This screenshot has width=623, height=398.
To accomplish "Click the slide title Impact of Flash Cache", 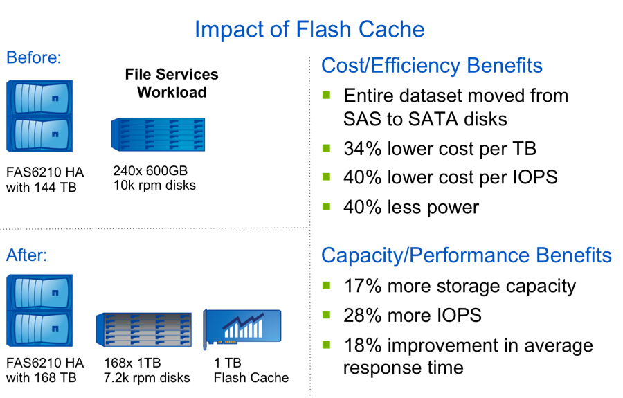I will tap(309, 30).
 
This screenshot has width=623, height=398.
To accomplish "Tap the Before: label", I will tap(34, 57).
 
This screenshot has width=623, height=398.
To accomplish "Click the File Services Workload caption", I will tap(172, 83).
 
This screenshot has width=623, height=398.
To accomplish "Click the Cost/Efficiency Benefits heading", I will tap(431, 66).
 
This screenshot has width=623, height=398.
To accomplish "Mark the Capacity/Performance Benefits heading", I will tap(466, 255).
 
